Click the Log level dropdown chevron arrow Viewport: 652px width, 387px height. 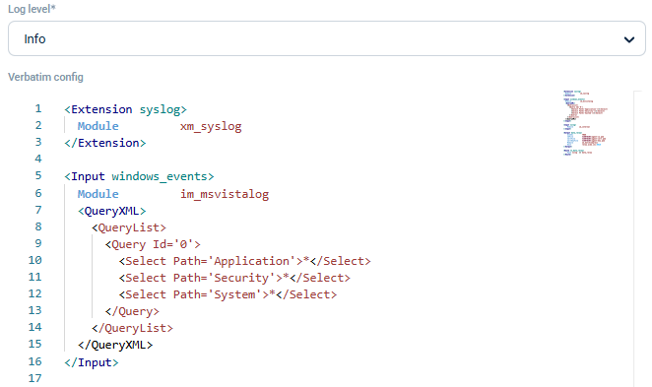(628, 39)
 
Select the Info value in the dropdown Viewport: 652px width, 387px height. (35, 39)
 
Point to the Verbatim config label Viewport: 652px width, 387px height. (45, 77)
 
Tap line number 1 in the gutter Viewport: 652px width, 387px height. (37, 109)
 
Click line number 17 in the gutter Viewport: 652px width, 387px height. (35, 379)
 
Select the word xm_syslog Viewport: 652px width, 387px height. (211, 126)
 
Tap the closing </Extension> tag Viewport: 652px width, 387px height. (105, 143)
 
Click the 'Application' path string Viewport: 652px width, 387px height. (252, 261)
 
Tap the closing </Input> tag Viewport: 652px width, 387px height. (92, 362)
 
